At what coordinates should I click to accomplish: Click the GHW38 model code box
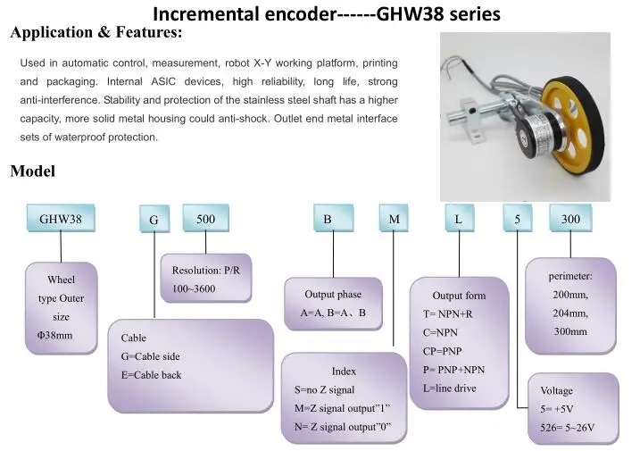pyautogui.click(x=61, y=218)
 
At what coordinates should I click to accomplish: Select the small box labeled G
pyautogui.click(x=154, y=220)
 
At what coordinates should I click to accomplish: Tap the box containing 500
pyautogui.click(x=205, y=218)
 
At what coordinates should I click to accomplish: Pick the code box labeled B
pyautogui.click(x=328, y=218)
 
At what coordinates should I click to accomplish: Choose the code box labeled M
pyautogui.click(x=394, y=218)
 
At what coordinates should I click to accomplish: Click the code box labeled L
pyautogui.click(x=459, y=218)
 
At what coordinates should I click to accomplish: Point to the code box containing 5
pyautogui.click(x=517, y=218)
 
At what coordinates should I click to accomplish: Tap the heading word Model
pyautogui.click(x=32, y=171)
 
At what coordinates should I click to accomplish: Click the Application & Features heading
pyautogui.click(x=96, y=34)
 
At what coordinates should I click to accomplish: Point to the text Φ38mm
pyautogui.click(x=49, y=335)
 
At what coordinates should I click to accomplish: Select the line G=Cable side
pyautogui.click(x=150, y=356)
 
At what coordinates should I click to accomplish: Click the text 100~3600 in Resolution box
pyautogui.click(x=188, y=288)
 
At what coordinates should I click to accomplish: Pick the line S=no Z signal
pyautogui.click(x=324, y=389)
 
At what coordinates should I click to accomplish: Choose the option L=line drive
pyautogui.click(x=449, y=388)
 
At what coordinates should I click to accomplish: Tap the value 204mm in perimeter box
pyautogui.click(x=570, y=313)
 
